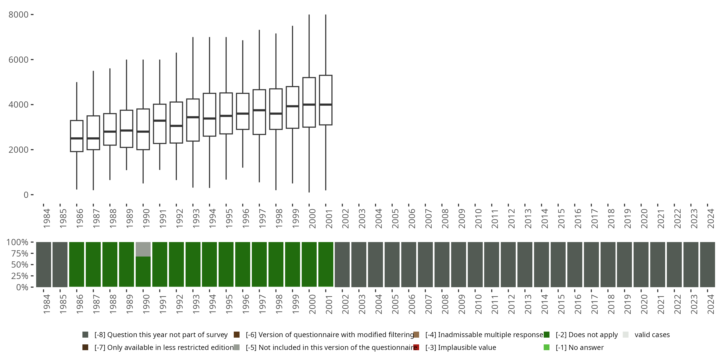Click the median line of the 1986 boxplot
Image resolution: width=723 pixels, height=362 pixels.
click(x=77, y=138)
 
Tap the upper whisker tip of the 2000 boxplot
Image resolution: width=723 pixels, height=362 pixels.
click(x=309, y=15)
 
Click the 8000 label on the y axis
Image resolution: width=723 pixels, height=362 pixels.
click(x=19, y=15)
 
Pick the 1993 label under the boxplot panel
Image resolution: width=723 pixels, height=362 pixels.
click(x=196, y=218)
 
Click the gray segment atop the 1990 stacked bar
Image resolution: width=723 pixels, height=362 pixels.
click(x=143, y=249)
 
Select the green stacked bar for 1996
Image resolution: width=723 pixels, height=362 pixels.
click(x=242, y=264)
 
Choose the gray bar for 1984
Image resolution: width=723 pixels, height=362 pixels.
click(x=44, y=264)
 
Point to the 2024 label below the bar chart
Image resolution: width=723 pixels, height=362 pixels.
click(x=711, y=304)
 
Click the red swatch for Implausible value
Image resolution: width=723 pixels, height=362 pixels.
click(x=416, y=347)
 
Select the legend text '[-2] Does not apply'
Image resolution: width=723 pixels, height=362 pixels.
click(x=587, y=335)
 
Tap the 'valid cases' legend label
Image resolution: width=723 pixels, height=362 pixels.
click(x=652, y=335)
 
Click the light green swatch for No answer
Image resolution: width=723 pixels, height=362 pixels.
click(x=546, y=347)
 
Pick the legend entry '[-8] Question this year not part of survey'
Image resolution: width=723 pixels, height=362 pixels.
click(x=161, y=335)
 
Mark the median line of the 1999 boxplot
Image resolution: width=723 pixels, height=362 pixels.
click(x=293, y=106)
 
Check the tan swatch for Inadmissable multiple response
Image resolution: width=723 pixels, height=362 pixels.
click(x=416, y=335)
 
